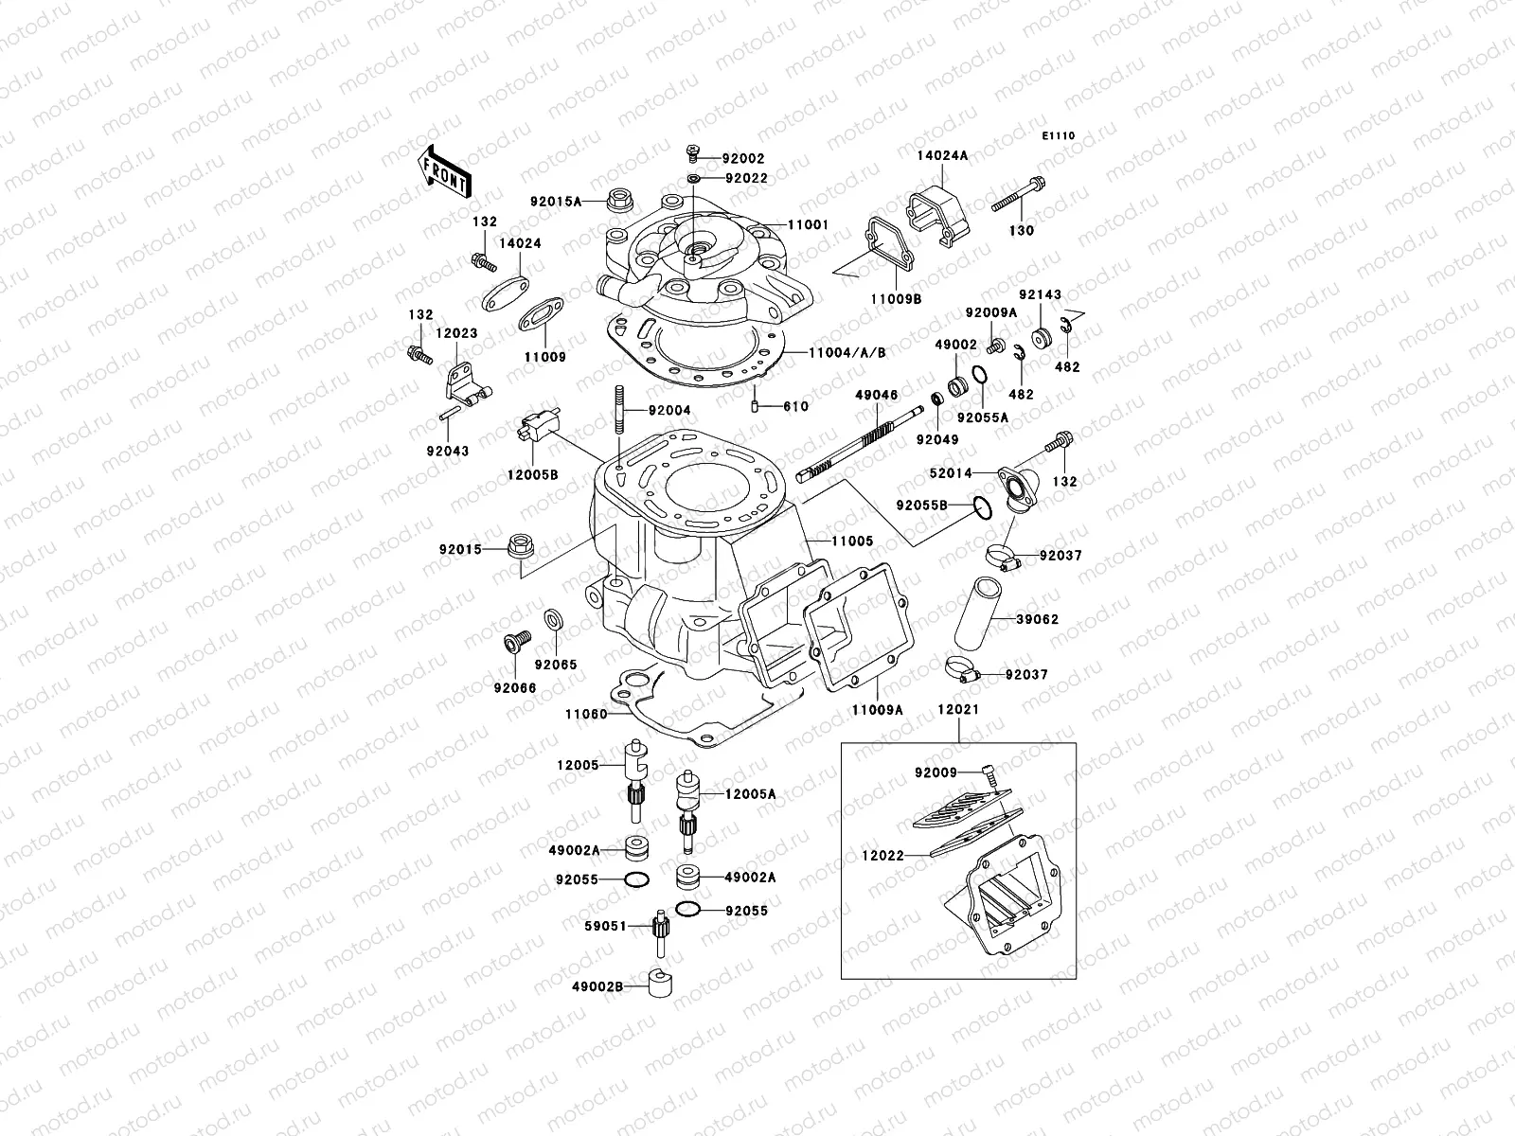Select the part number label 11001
[x=808, y=225]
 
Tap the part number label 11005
[x=852, y=541]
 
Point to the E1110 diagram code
[x=1059, y=136]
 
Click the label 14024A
[x=941, y=156]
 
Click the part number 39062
[x=1037, y=619]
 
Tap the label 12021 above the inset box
[x=958, y=709]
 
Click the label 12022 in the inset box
[x=882, y=856]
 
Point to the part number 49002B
[x=597, y=986]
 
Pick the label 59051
[x=607, y=926]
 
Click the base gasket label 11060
[x=585, y=715]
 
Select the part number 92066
[x=514, y=688]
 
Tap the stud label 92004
[x=669, y=411]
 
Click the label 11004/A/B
[x=847, y=352]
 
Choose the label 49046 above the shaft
[x=876, y=394]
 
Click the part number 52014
[x=952, y=473]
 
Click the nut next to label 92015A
[x=622, y=200]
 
